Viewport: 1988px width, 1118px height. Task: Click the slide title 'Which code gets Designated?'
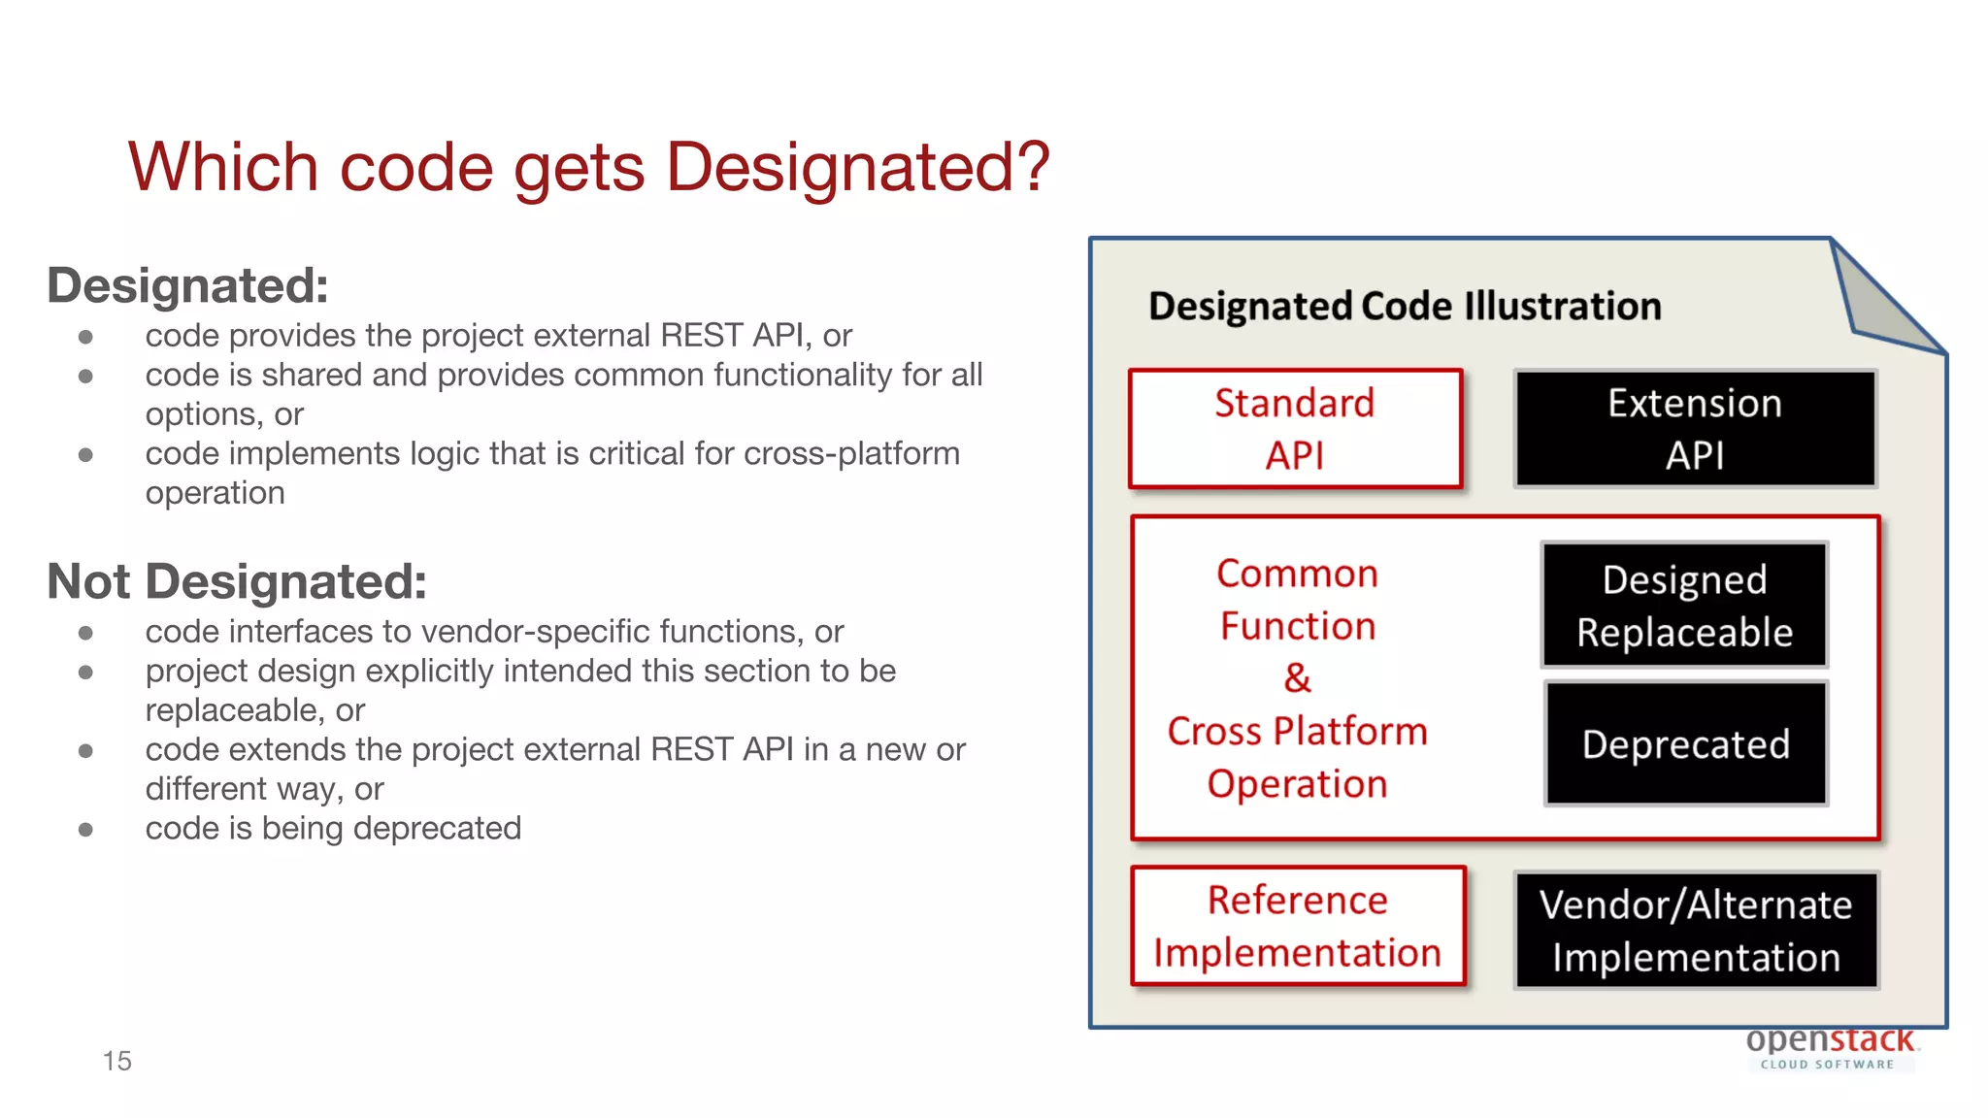coord(588,167)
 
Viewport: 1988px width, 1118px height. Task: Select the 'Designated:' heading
coord(187,285)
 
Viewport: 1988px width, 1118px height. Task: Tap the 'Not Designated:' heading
coord(236,581)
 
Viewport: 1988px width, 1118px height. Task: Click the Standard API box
coord(1295,429)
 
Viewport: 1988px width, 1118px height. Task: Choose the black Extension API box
coord(1695,429)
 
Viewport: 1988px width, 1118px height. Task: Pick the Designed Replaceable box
coord(1684,606)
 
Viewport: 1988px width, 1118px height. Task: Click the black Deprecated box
coord(1686,744)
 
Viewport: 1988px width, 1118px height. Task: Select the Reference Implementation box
coord(1298,926)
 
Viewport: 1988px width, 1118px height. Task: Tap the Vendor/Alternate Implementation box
coord(1696,931)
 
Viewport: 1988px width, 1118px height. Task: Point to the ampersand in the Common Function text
coord(1297,678)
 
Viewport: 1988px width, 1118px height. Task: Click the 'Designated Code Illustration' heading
coord(1405,307)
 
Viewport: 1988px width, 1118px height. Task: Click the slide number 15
coord(116,1061)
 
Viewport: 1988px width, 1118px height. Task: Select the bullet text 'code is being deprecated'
coord(333,829)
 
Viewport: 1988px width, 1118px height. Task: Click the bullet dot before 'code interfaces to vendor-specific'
coord(85,633)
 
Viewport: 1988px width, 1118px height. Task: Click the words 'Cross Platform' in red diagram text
coord(1297,731)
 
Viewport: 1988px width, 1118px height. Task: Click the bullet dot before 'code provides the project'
coord(85,337)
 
